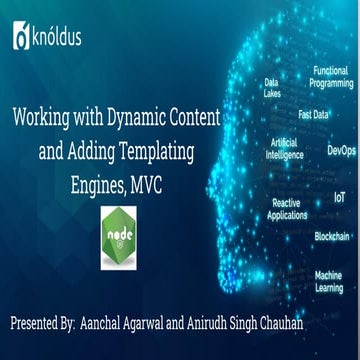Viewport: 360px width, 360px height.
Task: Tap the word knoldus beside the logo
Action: click(57, 38)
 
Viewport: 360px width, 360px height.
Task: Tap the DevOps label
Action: click(341, 151)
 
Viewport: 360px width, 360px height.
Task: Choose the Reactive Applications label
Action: click(290, 208)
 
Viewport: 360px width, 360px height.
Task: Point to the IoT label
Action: click(340, 198)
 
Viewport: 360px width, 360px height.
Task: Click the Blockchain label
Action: click(332, 237)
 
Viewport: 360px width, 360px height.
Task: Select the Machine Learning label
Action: click(329, 281)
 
